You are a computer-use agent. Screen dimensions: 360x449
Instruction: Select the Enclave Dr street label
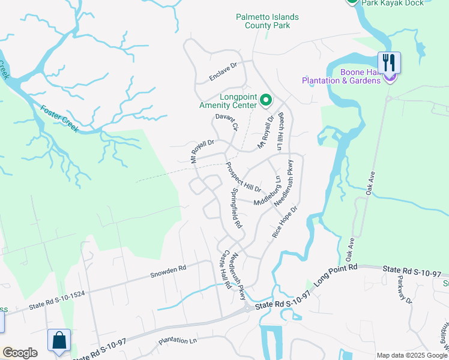click(223, 71)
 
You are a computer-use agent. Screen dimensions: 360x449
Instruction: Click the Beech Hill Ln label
click(280, 132)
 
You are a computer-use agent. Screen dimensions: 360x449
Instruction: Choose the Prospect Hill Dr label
click(243, 177)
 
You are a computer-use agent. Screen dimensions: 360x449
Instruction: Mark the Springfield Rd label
click(236, 208)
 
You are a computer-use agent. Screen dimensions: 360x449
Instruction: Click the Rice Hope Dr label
click(285, 223)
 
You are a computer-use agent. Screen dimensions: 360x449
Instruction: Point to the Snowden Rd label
click(168, 271)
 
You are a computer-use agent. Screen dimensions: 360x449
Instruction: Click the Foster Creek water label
click(60, 115)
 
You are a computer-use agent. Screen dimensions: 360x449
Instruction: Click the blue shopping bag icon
click(59, 340)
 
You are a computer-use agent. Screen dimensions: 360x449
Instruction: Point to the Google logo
click(20, 353)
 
